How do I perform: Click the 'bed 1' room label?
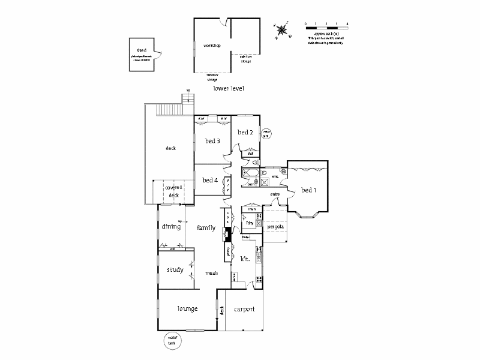tap(308, 190)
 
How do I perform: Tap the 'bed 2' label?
tap(244, 132)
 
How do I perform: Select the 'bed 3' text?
tap(212, 141)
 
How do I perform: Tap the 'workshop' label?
tap(212, 46)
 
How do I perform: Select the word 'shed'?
tap(142, 50)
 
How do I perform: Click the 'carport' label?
tap(244, 310)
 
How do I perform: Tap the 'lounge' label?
tap(187, 308)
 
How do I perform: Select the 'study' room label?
tap(175, 270)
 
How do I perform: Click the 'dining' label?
tap(171, 226)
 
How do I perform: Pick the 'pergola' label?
tap(275, 227)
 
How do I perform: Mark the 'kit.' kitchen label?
tap(245, 259)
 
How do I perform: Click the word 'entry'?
tap(275, 194)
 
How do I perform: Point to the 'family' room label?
tap(206, 227)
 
